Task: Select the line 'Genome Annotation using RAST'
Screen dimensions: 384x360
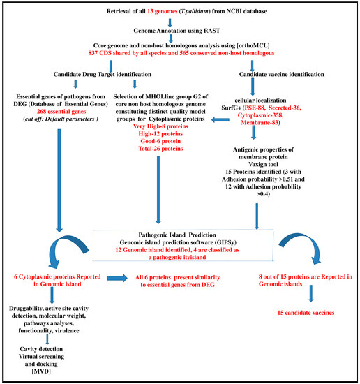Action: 179,31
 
